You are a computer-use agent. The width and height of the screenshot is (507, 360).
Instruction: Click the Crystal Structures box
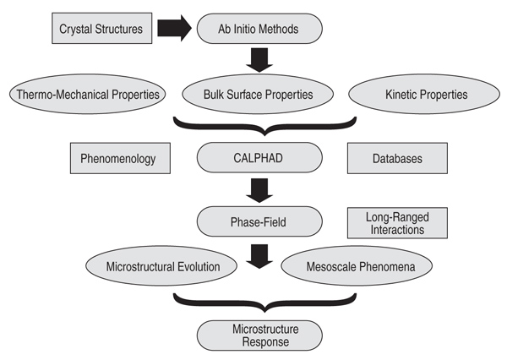(x=102, y=28)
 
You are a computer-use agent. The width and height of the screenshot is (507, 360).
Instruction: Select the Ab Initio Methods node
(x=259, y=29)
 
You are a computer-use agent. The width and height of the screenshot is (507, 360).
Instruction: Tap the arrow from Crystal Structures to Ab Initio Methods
(x=175, y=28)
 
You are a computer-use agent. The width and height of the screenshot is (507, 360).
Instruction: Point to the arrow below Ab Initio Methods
(x=259, y=60)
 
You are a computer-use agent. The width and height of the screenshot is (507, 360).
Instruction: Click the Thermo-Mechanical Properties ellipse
(x=87, y=94)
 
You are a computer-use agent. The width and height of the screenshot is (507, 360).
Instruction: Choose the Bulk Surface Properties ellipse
(x=258, y=94)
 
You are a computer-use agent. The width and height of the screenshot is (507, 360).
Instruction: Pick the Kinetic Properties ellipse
(x=424, y=94)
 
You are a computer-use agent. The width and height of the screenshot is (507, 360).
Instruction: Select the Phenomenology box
(x=120, y=158)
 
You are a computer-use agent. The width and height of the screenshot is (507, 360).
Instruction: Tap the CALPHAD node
(x=259, y=157)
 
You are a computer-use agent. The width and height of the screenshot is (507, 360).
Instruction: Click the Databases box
(x=397, y=158)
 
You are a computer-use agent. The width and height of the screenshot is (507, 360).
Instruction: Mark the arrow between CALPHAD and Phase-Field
(x=259, y=190)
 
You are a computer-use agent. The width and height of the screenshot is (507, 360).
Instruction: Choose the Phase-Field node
(x=259, y=221)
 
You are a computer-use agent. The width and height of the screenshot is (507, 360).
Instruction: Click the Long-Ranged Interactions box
(x=397, y=223)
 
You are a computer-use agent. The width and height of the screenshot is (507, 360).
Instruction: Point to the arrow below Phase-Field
(x=259, y=256)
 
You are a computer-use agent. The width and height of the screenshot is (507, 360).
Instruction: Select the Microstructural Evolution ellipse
(x=161, y=266)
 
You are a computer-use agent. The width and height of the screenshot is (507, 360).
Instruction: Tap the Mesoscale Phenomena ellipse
(x=357, y=266)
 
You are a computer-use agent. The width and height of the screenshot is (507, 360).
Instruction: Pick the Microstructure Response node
(x=259, y=335)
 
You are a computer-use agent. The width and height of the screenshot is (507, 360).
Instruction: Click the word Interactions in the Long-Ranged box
(x=397, y=230)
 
